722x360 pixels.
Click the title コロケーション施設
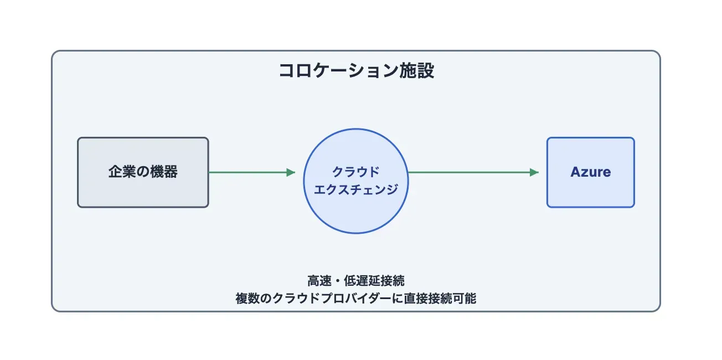pos(355,71)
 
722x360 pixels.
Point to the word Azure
pos(590,172)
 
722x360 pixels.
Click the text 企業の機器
pos(143,172)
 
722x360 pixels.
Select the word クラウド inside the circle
pos(355,172)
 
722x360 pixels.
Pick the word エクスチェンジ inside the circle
pos(355,190)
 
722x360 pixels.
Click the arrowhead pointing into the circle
pos(291,172)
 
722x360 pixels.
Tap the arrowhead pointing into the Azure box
pos(534,172)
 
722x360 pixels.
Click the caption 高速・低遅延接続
pos(355,280)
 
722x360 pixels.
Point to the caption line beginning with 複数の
pos(355,299)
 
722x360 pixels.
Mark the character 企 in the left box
pos(115,172)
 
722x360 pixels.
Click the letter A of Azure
pos(575,172)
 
